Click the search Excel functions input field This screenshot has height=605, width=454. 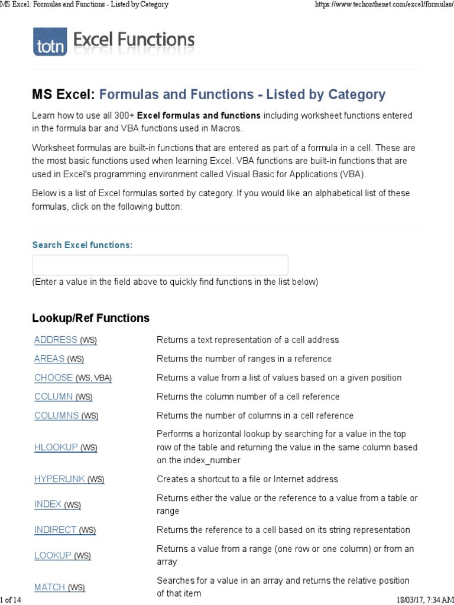(x=160, y=265)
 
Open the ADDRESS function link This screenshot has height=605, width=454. (x=56, y=340)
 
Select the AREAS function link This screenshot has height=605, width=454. (x=50, y=359)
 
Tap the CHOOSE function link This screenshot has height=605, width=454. (x=54, y=378)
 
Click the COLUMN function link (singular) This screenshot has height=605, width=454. (x=54, y=396)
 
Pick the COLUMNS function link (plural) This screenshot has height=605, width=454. (x=57, y=415)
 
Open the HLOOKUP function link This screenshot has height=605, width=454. (x=56, y=447)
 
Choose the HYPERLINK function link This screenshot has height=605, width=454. (x=60, y=479)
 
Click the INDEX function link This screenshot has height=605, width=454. (x=48, y=504)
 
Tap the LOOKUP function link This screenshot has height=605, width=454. (x=53, y=555)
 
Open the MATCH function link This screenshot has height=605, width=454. (x=50, y=587)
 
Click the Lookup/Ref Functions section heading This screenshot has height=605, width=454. (x=90, y=318)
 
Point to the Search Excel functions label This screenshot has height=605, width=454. (x=82, y=245)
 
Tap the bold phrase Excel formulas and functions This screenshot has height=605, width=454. (x=199, y=115)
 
